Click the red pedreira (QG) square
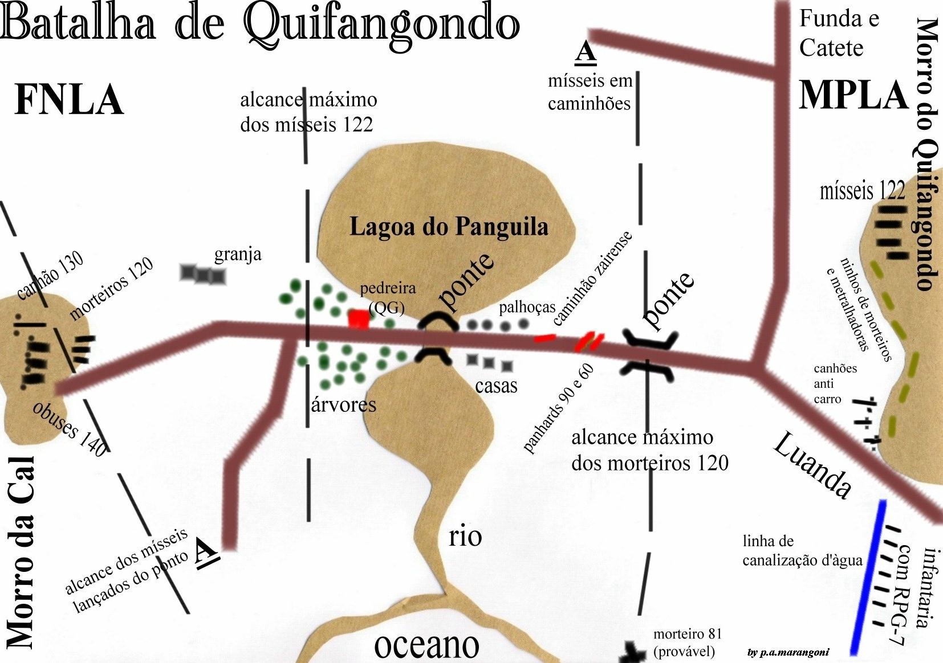(x=358, y=318)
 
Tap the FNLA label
(x=69, y=100)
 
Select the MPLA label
(x=852, y=95)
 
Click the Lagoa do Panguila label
(x=449, y=227)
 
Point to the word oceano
(x=426, y=645)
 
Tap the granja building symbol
(x=203, y=275)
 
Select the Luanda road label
(x=812, y=465)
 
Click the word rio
(x=465, y=537)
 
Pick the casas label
(x=496, y=386)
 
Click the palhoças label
(x=527, y=308)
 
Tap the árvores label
(x=344, y=404)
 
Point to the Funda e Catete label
(x=838, y=34)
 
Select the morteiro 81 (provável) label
(x=687, y=642)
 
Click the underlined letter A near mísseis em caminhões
(x=586, y=52)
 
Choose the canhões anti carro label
(x=835, y=383)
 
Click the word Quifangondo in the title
(x=382, y=24)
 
